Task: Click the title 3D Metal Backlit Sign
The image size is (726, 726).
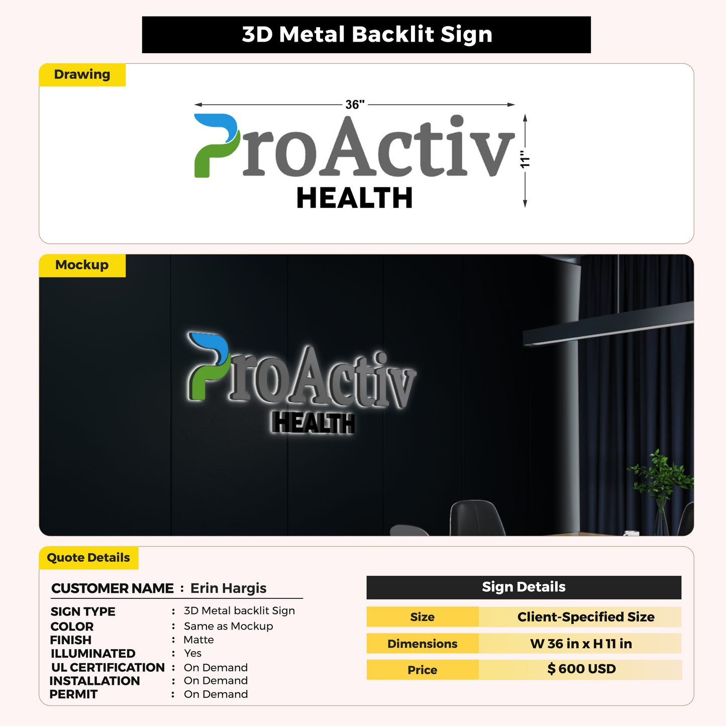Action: (367, 34)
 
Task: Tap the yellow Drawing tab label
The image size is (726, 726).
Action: (82, 74)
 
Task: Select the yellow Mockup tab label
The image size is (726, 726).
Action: (82, 265)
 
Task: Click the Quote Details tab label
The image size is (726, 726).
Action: (88, 558)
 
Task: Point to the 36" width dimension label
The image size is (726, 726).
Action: (355, 105)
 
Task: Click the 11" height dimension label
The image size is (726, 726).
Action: (525, 159)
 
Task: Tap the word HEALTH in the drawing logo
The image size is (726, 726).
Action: (355, 198)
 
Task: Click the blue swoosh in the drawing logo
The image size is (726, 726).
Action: (216, 126)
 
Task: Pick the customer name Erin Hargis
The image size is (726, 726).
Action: (228, 588)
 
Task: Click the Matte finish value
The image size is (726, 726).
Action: (198, 640)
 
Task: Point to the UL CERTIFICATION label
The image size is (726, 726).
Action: (108, 667)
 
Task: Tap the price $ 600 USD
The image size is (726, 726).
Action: (581, 669)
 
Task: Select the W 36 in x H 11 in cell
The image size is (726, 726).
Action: (581, 644)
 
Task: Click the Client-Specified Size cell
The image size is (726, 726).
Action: (581, 617)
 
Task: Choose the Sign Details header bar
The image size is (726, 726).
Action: (524, 587)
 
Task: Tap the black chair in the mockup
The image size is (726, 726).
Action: (477, 517)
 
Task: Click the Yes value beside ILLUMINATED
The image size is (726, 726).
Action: (192, 653)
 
